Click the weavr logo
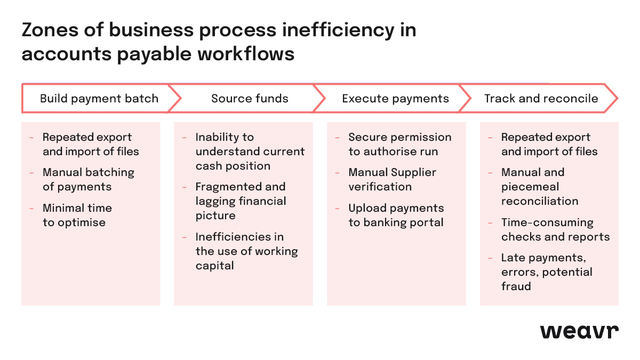pos(579,331)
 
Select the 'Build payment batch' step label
pos(99,99)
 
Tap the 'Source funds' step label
pos(250,99)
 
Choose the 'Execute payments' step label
pos(395,99)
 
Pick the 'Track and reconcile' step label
pos(541,99)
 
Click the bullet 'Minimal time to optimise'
pos(77,215)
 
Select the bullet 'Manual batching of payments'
pos(88,180)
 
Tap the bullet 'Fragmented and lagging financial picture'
pos(241,201)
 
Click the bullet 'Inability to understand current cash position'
pos(250,151)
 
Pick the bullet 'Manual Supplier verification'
pos(392,180)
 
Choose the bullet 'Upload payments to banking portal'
pos(396,215)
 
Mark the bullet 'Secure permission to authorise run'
pos(399,145)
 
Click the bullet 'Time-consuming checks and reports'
pos(555,229)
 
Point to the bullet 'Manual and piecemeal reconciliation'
pos(539,187)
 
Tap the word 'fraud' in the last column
pos(516,286)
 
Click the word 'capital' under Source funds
pos(214,266)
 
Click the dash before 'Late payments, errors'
pos(490,258)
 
